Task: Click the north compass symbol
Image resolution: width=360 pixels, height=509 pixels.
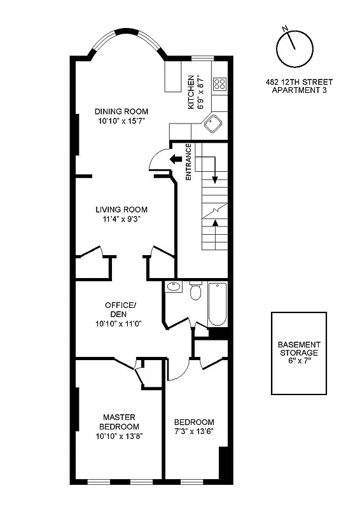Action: [x=294, y=48]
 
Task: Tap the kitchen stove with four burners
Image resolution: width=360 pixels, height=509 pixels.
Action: [x=220, y=84]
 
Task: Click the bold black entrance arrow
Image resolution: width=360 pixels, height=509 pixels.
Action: [x=176, y=160]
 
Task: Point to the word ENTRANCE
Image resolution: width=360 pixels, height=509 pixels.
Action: [x=189, y=163]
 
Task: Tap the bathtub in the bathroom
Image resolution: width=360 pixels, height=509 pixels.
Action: [x=217, y=303]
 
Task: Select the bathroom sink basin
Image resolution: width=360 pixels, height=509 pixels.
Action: [x=173, y=288]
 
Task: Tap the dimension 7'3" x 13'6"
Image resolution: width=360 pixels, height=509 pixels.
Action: [x=194, y=431]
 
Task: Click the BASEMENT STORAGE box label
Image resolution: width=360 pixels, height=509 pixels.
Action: [x=298, y=348]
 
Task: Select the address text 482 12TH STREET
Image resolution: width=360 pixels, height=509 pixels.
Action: [x=299, y=82]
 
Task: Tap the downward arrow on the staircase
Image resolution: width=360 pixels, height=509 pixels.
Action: [x=215, y=172]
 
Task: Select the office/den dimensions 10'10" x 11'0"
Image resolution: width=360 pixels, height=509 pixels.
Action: [x=118, y=323]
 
